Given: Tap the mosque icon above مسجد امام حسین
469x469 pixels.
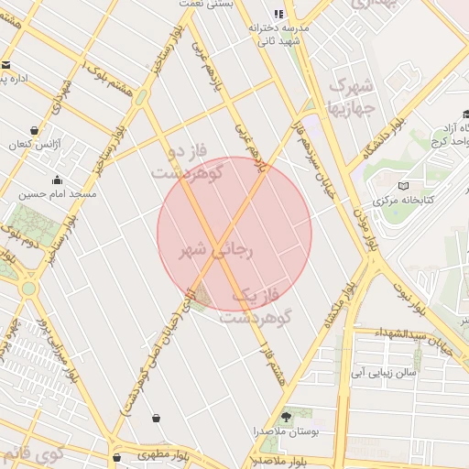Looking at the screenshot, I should click(x=57, y=180).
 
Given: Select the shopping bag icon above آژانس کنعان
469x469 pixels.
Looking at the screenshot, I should click(x=35, y=130).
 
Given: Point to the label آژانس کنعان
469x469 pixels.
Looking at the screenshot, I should click(x=33, y=145).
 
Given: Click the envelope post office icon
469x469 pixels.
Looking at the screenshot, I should click(x=5, y=65).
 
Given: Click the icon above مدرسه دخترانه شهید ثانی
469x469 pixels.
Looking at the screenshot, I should click(x=279, y=14).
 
